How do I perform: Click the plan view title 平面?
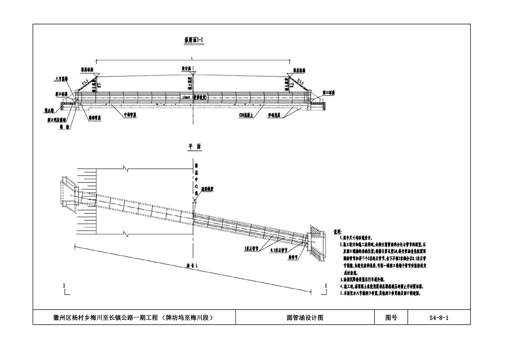coord(194,147)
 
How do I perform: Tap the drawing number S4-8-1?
coord(439,318)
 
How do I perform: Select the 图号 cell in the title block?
coord(391,318)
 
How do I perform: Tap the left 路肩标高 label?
coord(87,70)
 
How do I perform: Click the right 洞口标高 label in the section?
coord(329,92)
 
